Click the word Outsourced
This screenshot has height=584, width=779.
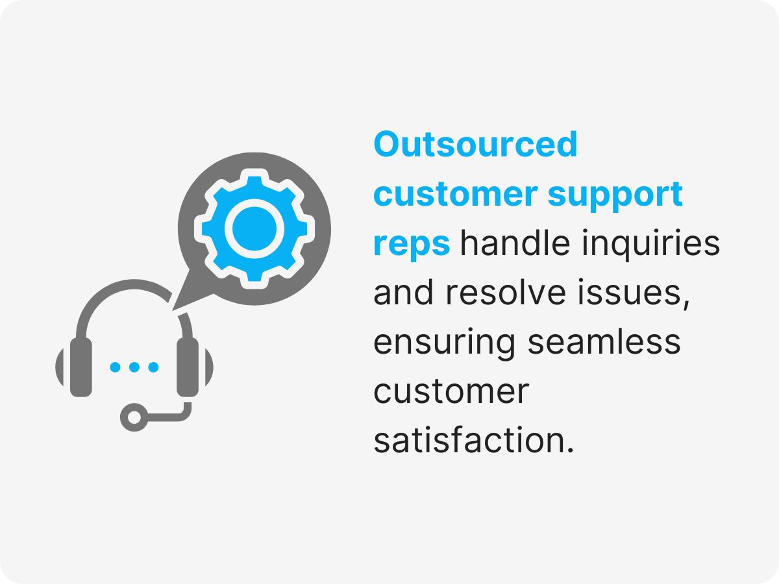click(x=475, y=144)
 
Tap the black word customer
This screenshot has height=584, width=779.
click(x=451, y=392)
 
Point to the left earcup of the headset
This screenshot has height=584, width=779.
click(x=80, y=367)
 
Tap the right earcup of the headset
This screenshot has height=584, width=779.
click(x=188, y=367)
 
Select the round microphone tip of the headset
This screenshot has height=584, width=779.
click(x=134, y=416)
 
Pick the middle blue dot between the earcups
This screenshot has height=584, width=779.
click(x=134, y=367)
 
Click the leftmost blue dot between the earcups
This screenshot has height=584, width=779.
click(x=116, y=367)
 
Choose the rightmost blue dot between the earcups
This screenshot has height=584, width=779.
click(x=153, y=367)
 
